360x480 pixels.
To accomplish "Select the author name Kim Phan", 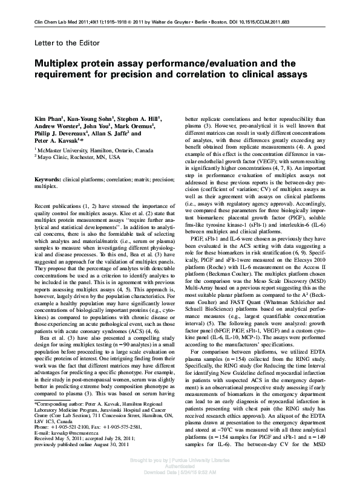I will pos(48,115).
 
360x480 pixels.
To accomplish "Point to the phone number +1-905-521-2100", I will pos(72,427).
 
